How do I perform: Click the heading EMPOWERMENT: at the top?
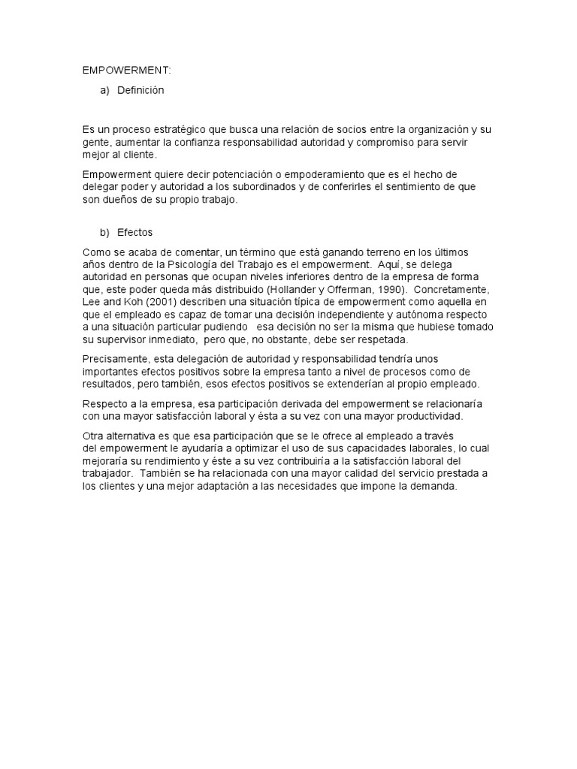pyautogui.click(x=127, y=71)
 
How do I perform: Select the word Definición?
pyautogui.click(x=140, y=90)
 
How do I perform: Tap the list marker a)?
pyautogui.click(x=104, y=90)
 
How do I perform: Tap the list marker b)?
pyautogui.click(x=104, y=233)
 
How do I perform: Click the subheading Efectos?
pyautogui.click(x=134, y=233)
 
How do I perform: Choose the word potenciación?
pyautogui.click(x=230, y=174)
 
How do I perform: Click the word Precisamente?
pyautogui.click(x=113, y=359)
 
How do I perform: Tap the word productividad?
pyautogui.click(x=449, y=415)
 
